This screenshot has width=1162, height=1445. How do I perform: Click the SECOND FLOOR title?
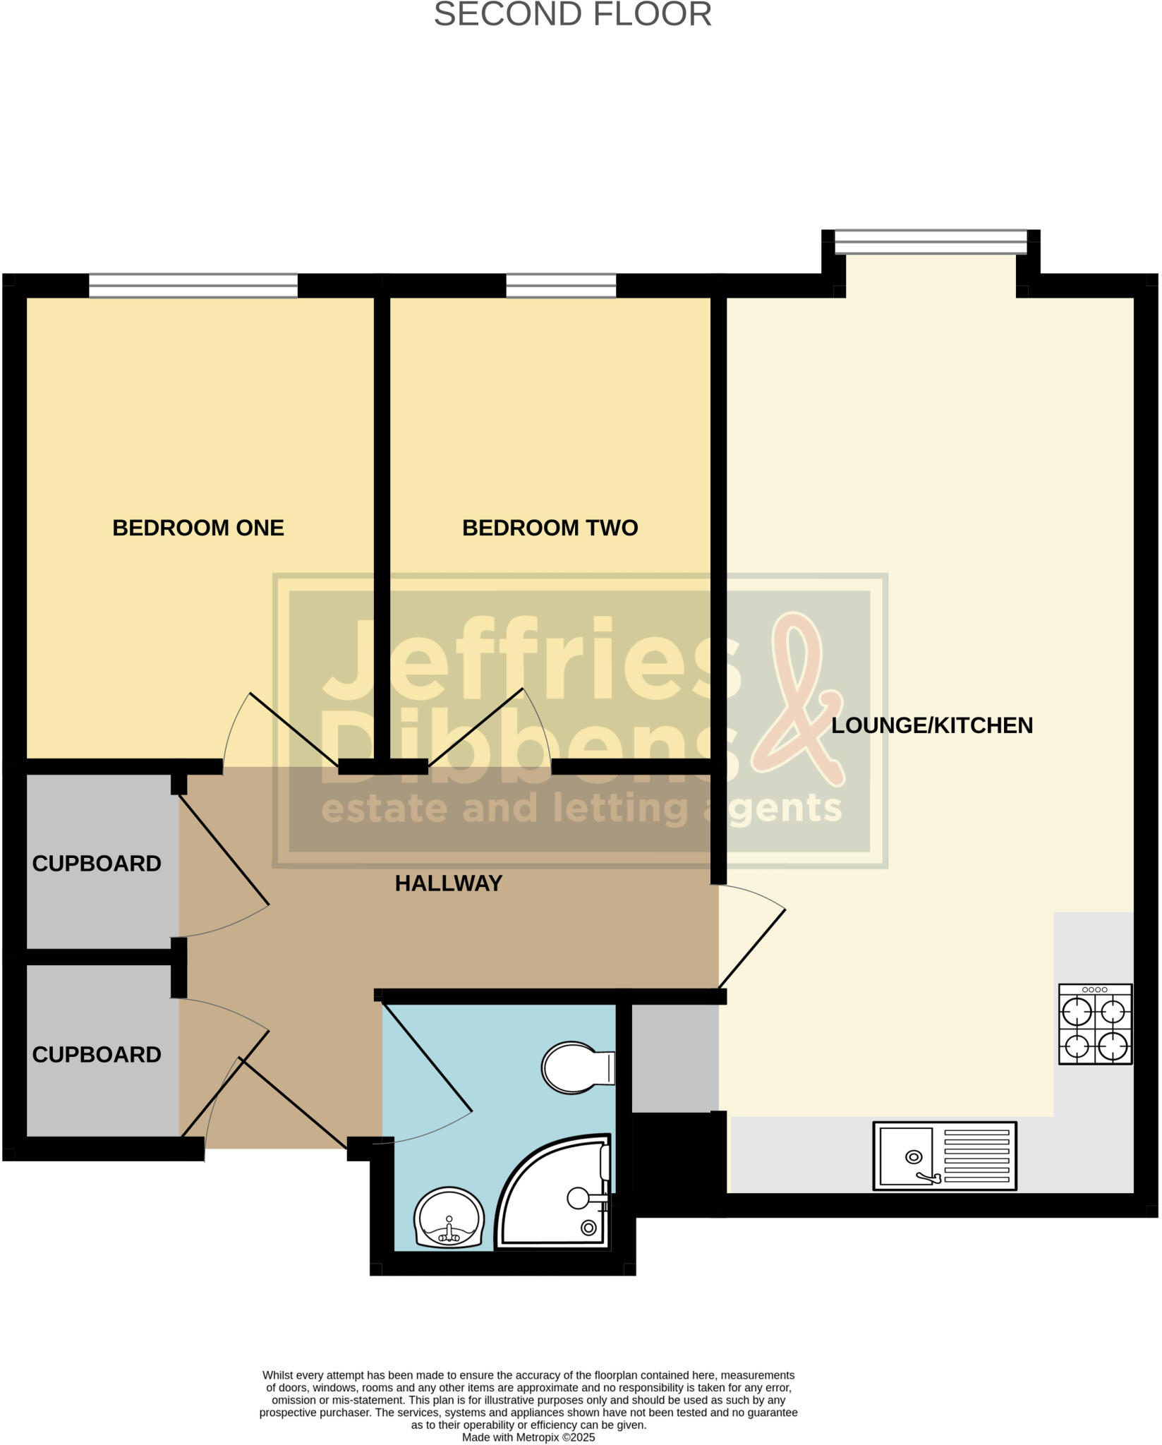572,15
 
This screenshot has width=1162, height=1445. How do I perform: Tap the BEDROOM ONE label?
198,528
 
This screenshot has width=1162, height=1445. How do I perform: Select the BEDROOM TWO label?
550,528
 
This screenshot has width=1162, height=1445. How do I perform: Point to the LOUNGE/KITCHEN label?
931,725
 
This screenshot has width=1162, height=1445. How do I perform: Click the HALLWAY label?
448,883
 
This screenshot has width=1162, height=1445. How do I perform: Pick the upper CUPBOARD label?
97,864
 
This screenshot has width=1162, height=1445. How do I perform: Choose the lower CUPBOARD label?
97,1055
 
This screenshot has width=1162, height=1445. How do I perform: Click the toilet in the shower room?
577,1068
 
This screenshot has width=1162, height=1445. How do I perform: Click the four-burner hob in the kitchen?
1095,1024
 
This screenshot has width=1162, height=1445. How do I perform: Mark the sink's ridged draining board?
976,1156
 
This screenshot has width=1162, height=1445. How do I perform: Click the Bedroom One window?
193,286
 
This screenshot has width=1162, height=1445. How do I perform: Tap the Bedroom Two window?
561,286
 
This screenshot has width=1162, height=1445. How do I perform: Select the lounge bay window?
931,243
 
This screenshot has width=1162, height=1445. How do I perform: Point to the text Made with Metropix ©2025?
528,1437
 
